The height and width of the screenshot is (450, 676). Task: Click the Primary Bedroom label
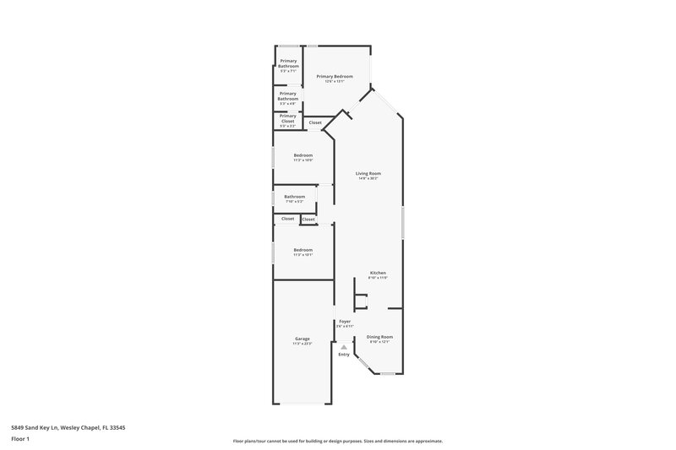pyautogui.click(x=335, y=77)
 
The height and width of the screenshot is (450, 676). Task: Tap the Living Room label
pyautogui.click(x=368, y=173)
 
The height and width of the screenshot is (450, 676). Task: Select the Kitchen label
pyautogui.click(x=378, y=273)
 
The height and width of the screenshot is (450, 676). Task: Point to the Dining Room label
pyautogui.click(x=379, y=337)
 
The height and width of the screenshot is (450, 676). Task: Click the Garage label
pyautogui.click(x=303, y=339)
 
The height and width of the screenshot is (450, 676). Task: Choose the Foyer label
pyautogui.click(x=345, y=321)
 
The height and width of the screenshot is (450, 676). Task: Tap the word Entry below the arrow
pyautogui.click(x=344, y=355)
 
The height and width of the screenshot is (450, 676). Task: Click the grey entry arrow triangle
pyautogui.click(x=344, y=346)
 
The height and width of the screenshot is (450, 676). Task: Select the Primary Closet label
pyautogui.click(x=288, y=118)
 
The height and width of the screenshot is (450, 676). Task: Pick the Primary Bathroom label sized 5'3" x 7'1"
pyautogui.click(x=288, y=63)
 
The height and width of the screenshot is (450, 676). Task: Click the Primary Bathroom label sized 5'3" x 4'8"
pyautogui.click(x=288, y=96)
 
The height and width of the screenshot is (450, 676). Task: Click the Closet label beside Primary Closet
pyautogui.click(x=315, y=123)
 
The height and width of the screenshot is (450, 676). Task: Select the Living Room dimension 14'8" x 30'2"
pyautogui.click(x=368, y=179)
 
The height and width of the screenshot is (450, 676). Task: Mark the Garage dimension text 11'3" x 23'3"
pyautogui.click(x=303, y=344)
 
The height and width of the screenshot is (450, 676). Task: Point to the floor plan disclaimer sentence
pyautogui.click(x=338, y=441)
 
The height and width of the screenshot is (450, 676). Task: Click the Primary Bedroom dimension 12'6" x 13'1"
pyautogui.click(x=335, y=82)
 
